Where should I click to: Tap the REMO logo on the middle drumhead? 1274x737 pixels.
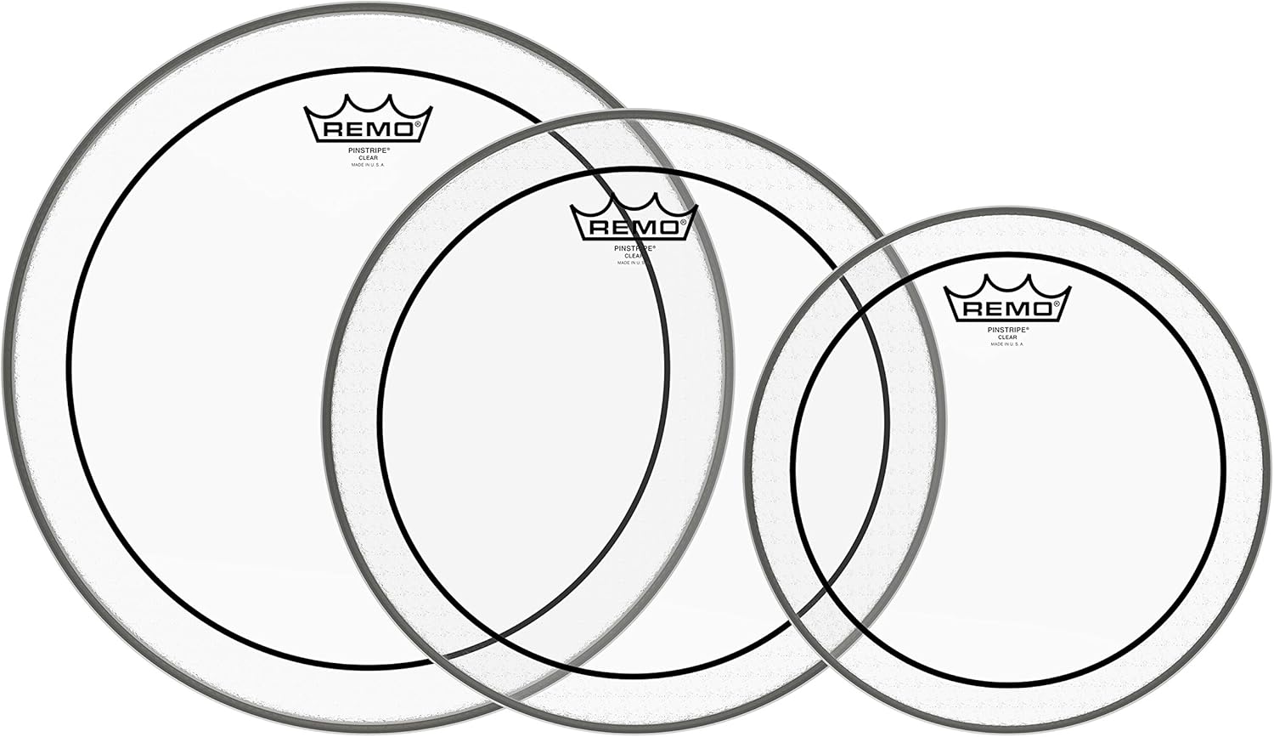[634, 227]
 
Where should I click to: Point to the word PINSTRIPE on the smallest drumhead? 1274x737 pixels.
[1007, 329]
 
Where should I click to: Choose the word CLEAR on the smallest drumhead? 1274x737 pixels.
[1007, 337]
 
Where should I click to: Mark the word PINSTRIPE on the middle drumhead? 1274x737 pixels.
[634, 247]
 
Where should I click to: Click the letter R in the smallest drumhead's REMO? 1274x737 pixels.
[967, 309]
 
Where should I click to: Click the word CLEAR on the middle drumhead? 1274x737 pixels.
[633, 255]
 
